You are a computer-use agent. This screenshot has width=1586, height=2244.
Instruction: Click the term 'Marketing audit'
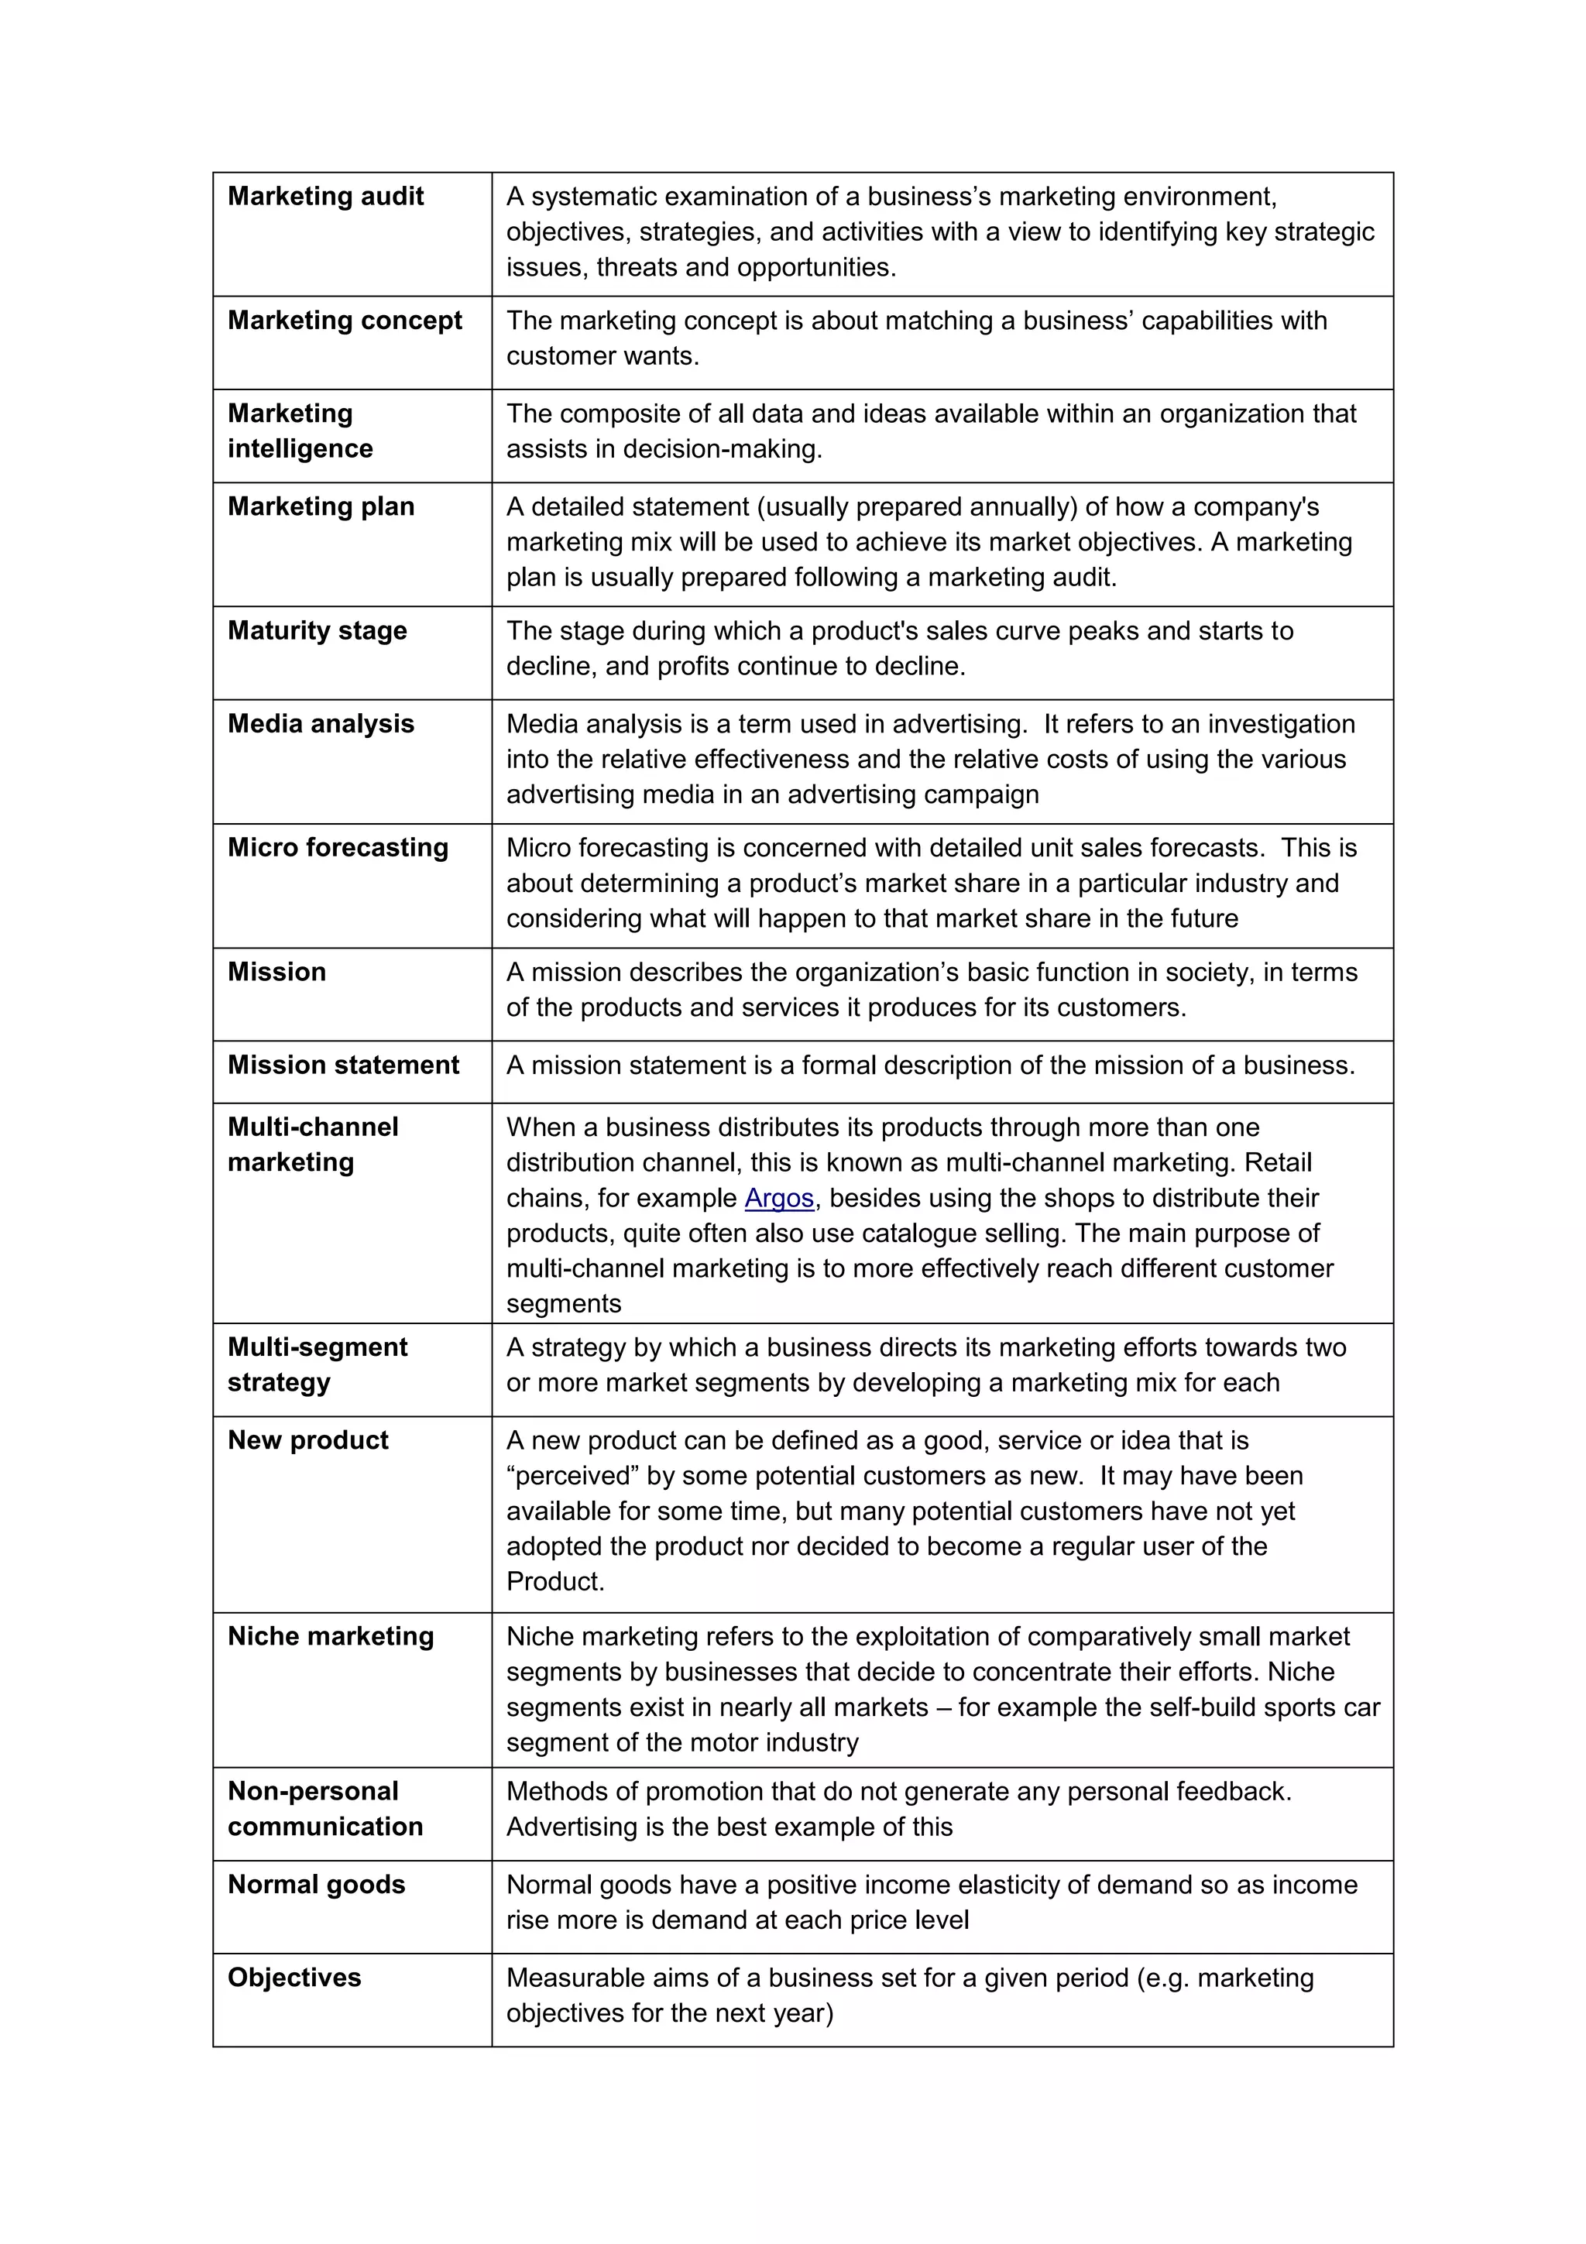[325, 197]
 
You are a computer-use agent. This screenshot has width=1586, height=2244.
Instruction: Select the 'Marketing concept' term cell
[344, 321]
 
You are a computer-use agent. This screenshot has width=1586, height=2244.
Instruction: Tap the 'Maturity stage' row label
[317, 630]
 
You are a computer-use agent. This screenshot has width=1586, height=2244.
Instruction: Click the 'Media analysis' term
[321, 723]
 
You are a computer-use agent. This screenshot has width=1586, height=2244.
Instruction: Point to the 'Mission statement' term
[343, 1065]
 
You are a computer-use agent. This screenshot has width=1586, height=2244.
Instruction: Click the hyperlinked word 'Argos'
[779, 1198]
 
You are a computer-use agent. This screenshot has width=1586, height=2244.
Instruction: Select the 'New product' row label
[307, 1439]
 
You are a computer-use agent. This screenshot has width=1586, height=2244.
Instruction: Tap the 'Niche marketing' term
[331, 1636]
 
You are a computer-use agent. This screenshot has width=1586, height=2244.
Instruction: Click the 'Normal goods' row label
[316, 1885]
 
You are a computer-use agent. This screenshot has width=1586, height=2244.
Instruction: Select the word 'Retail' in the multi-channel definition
[1277, 1163]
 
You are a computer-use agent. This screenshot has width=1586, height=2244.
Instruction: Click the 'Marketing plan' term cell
[321, 506]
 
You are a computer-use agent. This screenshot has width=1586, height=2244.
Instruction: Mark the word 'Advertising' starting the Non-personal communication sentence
[572, 1827]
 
